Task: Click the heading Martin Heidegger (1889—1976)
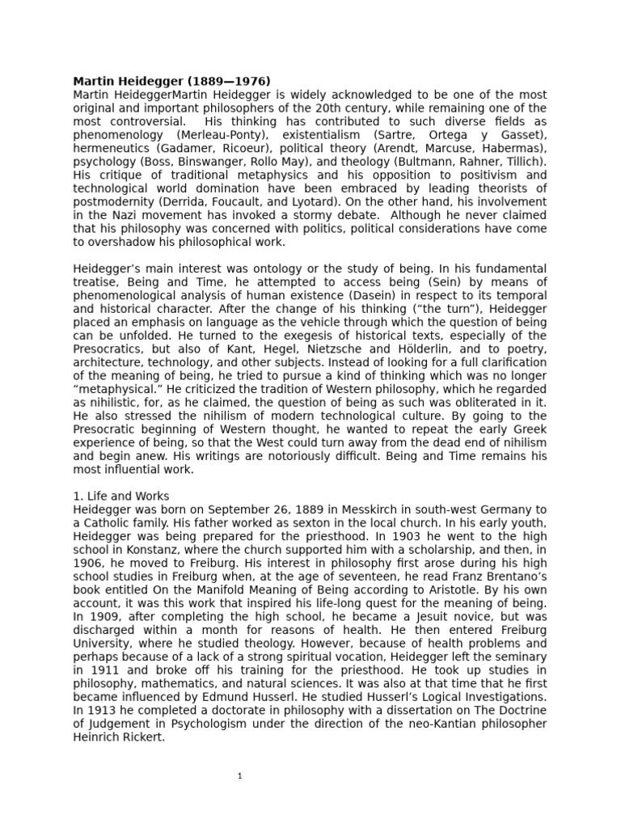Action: (x=171, y=81)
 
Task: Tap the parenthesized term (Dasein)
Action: (x=444, y=295)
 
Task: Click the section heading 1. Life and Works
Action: (x=121, y=496)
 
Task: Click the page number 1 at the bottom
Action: (x=240, y=776)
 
